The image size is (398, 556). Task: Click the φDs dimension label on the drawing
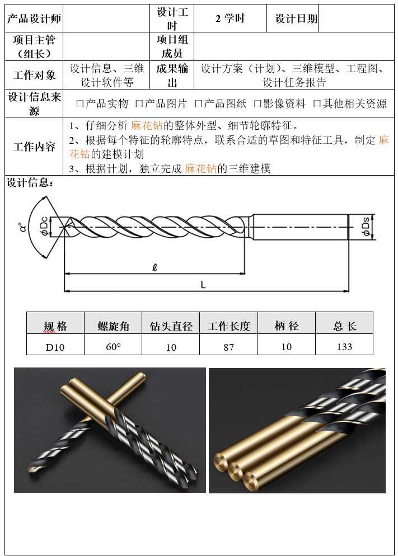366,227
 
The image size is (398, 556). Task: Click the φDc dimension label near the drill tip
44,226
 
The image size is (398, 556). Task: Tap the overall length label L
203,285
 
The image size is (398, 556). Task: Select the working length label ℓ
154,267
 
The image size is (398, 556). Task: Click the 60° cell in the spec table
113,346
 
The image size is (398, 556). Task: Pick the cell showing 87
229,347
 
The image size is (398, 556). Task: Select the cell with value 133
344,346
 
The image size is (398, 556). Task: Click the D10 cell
55,347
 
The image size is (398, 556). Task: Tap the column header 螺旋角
114,326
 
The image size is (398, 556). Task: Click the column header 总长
345,326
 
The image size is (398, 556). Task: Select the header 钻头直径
171,326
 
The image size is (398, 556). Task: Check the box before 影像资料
257,104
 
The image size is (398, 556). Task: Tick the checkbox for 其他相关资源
317,104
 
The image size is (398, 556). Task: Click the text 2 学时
230,18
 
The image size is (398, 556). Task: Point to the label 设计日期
296,18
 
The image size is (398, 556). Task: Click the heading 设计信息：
30,183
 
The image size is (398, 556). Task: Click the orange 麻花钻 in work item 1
147,125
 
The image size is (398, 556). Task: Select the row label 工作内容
34,147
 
